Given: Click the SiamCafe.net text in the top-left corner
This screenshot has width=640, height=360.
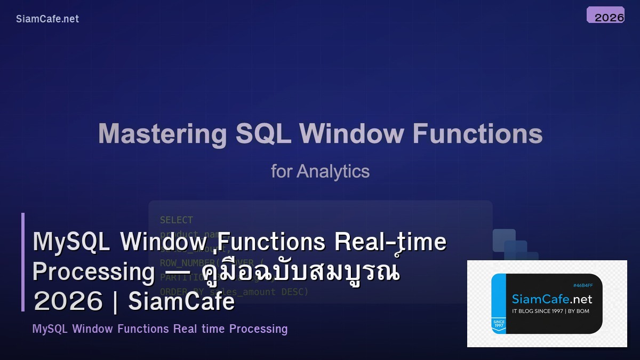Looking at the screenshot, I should coord(47,19).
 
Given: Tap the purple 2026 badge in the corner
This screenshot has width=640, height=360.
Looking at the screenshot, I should coord(605,15).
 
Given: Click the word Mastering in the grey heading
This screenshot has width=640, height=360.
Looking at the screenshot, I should coord(162,133).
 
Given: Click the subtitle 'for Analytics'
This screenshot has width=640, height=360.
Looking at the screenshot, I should coord(320,171).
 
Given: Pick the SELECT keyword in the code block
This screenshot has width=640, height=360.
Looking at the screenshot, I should coord(177,220).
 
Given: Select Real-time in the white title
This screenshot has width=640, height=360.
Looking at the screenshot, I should coord(390,242).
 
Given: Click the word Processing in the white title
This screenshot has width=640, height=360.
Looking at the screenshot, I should coord(93,272).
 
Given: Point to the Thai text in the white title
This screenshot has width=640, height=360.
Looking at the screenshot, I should coord(301,272).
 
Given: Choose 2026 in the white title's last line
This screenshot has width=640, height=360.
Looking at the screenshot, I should coord(68,302).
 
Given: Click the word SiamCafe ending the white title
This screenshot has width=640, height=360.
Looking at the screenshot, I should coord(181,302).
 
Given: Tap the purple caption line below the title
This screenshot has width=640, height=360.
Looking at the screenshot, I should coord(160,329).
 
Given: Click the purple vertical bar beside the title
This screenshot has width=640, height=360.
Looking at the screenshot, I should coord(23,262).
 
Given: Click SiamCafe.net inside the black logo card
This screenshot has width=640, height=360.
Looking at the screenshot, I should coord(552,299).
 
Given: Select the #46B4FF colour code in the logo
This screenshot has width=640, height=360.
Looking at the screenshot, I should coord(583,285).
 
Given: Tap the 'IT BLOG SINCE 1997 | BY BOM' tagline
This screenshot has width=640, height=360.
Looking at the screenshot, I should coord(550,311).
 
